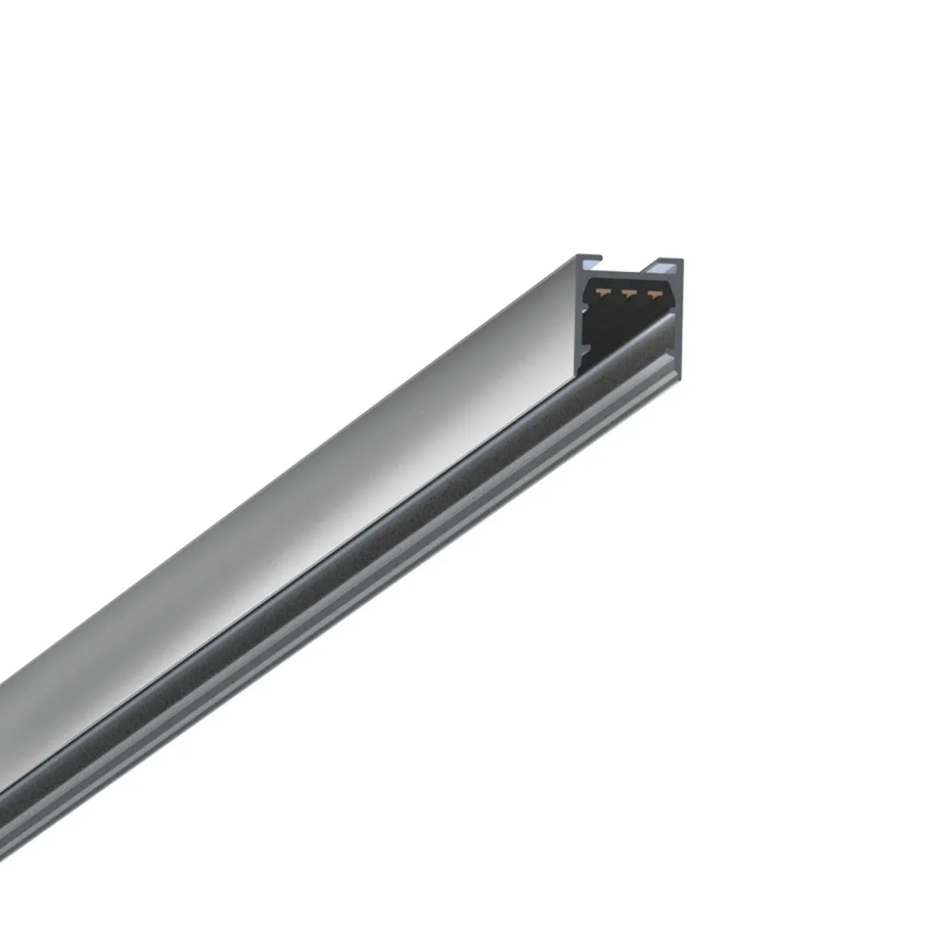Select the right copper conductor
pos(655,293)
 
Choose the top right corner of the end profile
pos(681,261)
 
